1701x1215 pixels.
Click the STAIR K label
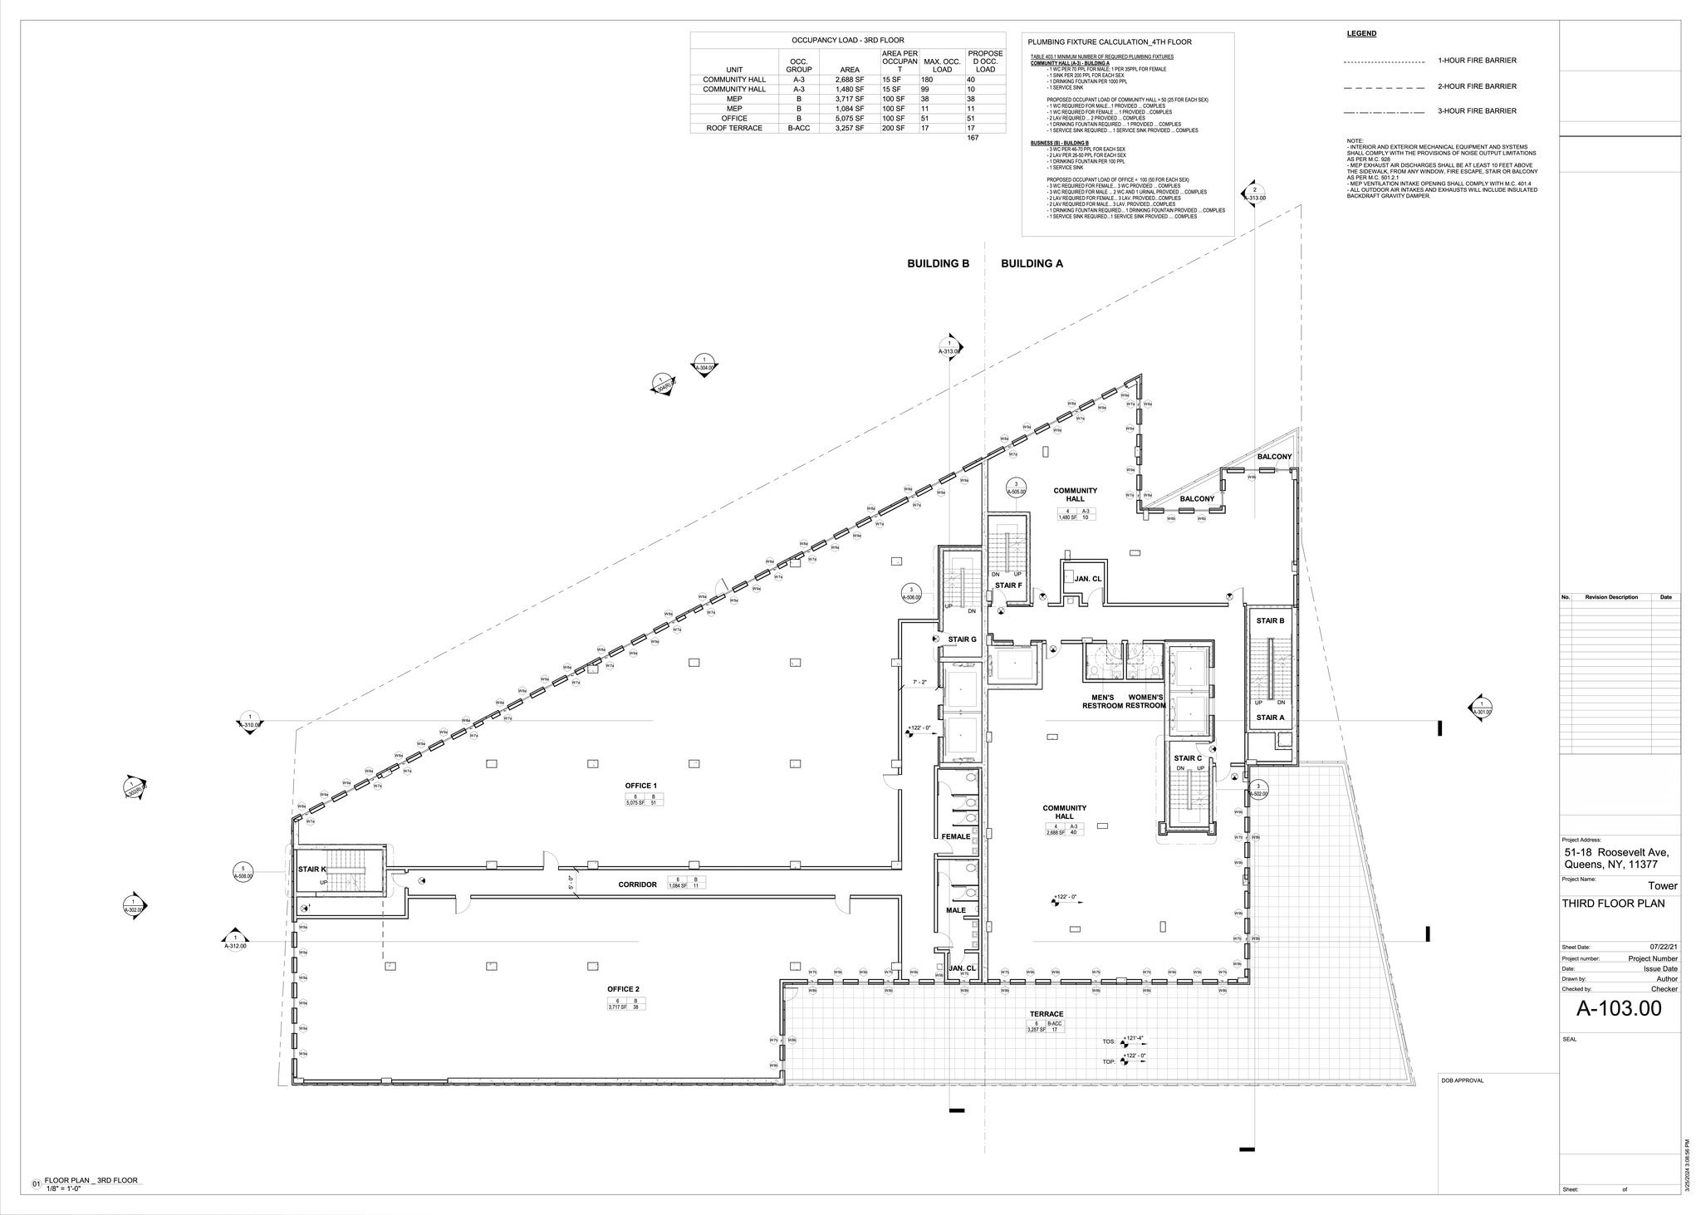point(311,870)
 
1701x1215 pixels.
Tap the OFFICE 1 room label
point(641,786)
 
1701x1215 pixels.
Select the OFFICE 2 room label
point(623,989)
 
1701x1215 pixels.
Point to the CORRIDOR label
point(637,884)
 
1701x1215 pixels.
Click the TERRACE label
point(1047,1014)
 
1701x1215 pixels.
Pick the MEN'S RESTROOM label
point(1102,701)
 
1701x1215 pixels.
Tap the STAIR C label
point(1188,758)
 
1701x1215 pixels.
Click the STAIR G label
point(962,639)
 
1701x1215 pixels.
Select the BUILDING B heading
point(938,263)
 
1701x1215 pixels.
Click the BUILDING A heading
point(1032,263)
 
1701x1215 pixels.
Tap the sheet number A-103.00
point(1619,1009)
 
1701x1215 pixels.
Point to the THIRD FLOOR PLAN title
point(1613,904)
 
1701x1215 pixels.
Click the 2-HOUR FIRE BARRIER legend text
point(1478,86)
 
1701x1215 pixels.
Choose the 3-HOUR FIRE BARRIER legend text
point(1478,111)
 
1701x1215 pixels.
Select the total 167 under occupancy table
point(973,138)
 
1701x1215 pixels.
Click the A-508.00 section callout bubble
point(243,872)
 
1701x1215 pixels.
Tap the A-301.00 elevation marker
point(1482,708)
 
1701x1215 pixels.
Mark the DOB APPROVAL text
point(1463,1080)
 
